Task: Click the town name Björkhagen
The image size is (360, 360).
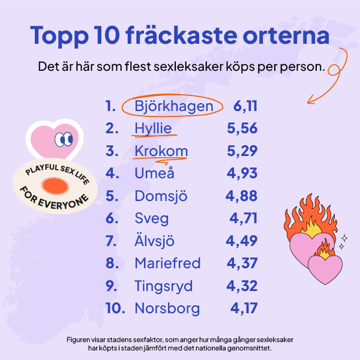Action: [173, 107]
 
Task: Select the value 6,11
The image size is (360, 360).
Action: [245, 107]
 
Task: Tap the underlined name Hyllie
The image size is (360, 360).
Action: [153, 129]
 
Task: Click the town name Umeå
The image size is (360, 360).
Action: [155, 174]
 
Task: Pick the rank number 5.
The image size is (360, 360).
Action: [111, 196]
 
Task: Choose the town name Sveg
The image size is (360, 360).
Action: [152, 219]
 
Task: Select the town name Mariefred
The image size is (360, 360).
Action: [167, 263]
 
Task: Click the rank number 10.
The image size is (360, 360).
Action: [115, 308]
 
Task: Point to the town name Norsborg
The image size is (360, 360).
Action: [167, 308]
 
